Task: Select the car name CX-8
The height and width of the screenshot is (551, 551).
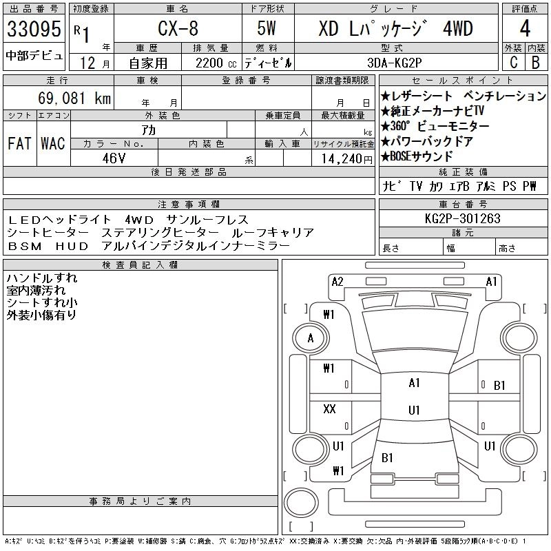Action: (177, 29)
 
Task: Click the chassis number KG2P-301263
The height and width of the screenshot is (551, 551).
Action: (463, 219)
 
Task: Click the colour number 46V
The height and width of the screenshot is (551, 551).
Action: (114, 157)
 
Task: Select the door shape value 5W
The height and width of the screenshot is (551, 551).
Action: (268, 29)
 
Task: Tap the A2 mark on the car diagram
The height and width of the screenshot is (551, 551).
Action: (337, 281)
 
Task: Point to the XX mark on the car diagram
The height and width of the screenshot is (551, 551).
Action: (329, 409)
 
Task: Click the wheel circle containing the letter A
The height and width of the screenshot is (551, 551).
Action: (311, 338)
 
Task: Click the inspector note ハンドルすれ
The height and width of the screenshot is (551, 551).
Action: (42, 278)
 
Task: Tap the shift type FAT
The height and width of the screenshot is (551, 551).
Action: (20, 143)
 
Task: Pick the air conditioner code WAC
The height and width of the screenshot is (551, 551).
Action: (53, 143)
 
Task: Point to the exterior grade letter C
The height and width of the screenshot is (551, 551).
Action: (513, 62)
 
